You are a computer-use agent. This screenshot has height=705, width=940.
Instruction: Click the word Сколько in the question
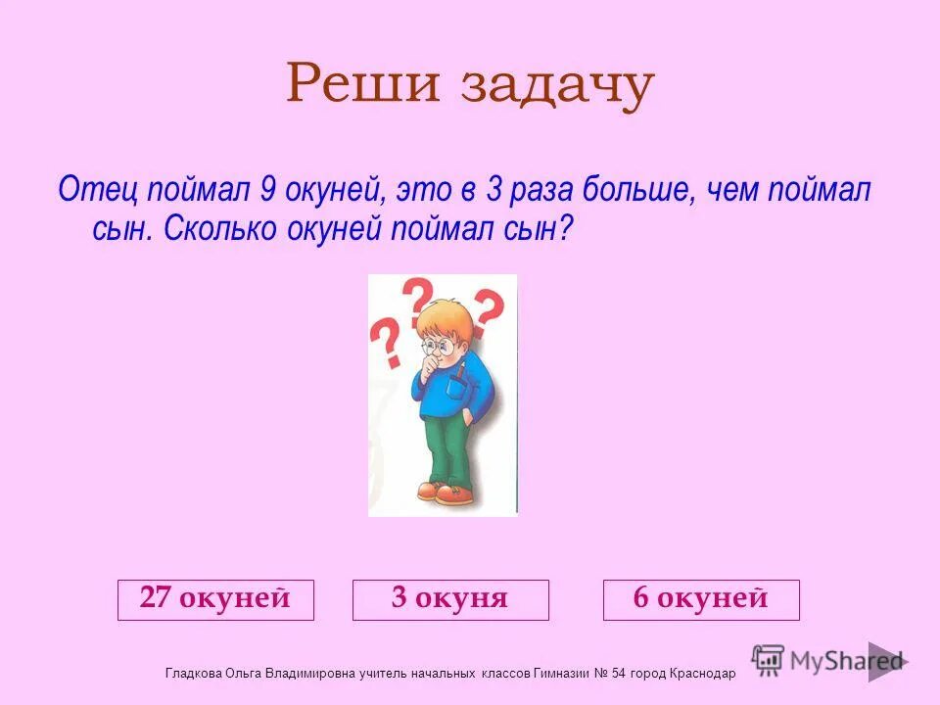pos(221,229)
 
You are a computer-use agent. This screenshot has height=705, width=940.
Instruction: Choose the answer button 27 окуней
pos(215,599)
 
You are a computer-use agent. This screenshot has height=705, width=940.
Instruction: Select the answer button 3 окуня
pos(450,599)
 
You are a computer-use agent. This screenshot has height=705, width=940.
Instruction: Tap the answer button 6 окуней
pos(701,599)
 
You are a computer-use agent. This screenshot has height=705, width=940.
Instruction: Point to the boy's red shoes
pos(441,492)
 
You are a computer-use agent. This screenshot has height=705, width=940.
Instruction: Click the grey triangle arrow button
pos(885,662)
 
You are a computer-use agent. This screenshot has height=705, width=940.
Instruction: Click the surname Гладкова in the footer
pos(194,674)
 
